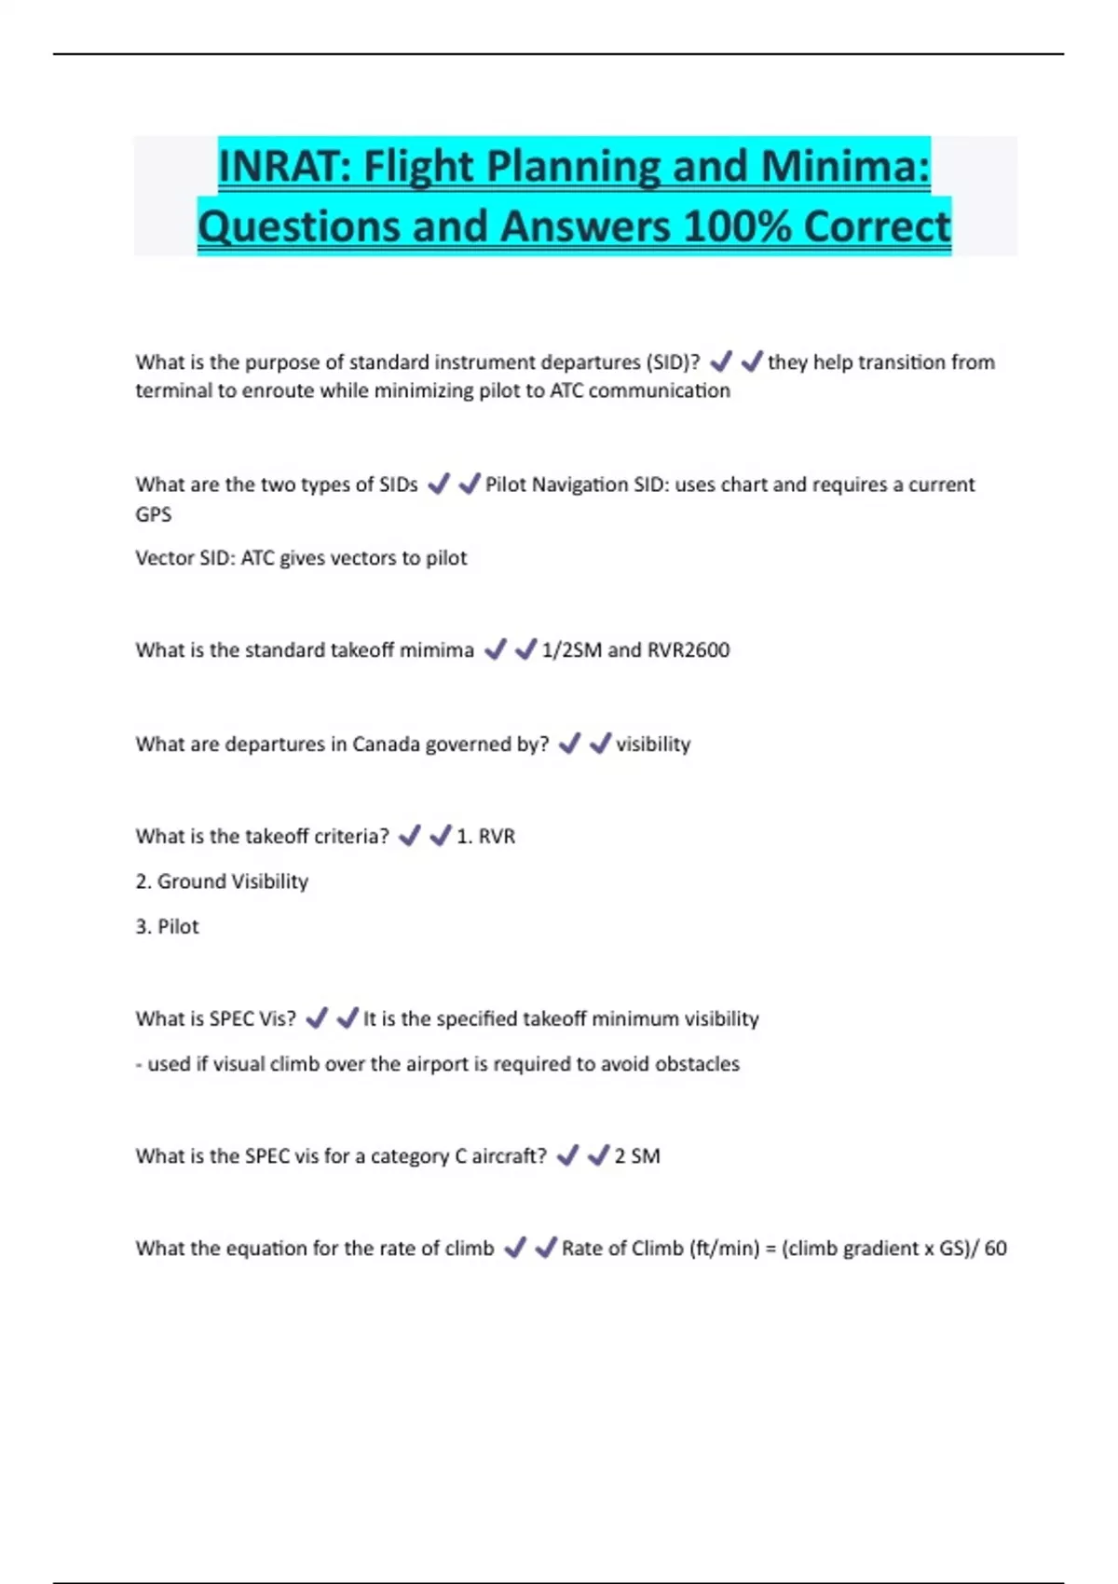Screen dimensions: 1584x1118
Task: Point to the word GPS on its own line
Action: pyautogui.click(x=154, y=514)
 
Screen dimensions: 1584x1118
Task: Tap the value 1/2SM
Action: pyautogui.click(x=571, y=650)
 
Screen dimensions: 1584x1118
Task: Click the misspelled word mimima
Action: pyautogui.click(x=436, y=650)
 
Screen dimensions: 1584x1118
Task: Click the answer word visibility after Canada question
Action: pyautogui.click(x=653, y=744)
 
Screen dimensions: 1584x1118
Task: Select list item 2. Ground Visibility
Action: pyautogui.click(x=222, y=881)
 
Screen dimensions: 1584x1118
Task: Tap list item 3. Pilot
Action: pyautogui.click(x=168, y=927)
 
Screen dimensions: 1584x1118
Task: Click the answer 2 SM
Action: pyautogui.click(x=637, y=1156)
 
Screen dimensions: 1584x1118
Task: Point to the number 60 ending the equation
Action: pyautogui.click(x=995, y=1249)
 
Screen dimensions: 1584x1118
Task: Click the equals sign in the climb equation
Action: pyautogui.click(x=770, y=1249)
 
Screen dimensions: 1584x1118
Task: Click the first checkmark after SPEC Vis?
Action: pyautogui.click(x=317, y=1018)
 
